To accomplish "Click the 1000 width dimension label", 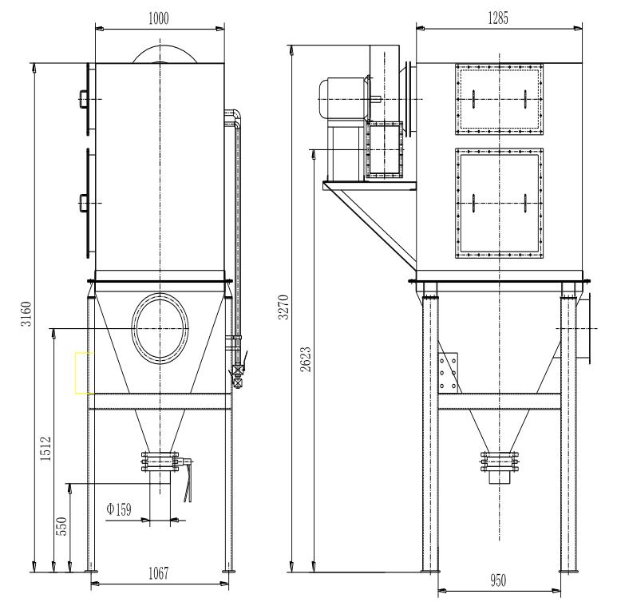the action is coord(159,18).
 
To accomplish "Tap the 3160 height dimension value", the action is coord(26,314).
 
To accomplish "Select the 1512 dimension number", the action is coord(45,448).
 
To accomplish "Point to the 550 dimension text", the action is coord(61,526).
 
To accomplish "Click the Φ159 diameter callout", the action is coord(118,509).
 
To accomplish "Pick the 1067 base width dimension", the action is coord(158,573).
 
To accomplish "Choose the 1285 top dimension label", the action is coord(498,18).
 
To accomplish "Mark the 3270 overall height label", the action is coord(283,307).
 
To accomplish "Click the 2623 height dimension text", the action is coord(306,359).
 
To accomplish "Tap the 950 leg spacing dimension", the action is coord(498,580).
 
